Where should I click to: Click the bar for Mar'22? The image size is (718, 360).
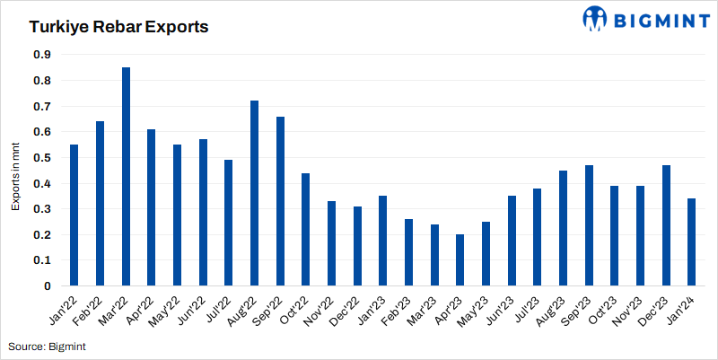[126, 177]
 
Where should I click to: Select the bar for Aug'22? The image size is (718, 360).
[254, 193]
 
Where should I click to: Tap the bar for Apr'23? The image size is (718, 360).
[460, 260]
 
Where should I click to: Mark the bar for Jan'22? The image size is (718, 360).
[74, 215]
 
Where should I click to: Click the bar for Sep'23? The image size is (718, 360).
[589, 225]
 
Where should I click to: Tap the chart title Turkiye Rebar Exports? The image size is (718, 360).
[118, 27]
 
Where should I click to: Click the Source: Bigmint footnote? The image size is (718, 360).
[47, 346]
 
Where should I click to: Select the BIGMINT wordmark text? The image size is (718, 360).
[658, 18]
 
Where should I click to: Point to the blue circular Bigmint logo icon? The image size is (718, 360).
[595, 18]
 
